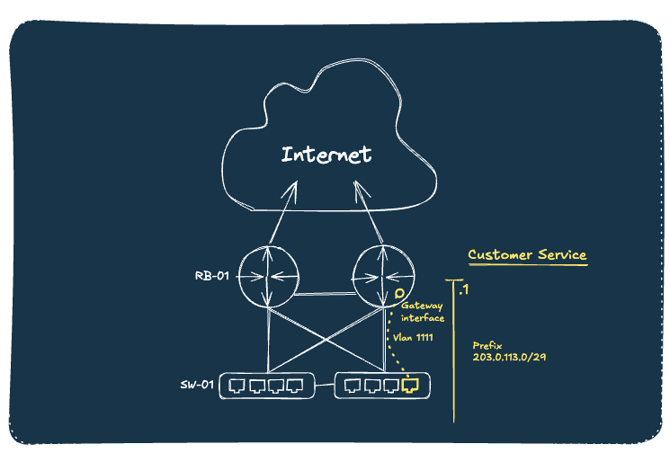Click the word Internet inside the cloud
coord(326,155)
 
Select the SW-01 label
coord(196,386)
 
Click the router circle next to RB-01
coord(268,277)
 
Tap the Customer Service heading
coord(527,255)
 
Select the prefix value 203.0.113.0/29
coord(511,358)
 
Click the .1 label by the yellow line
coord(463,289)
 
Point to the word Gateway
coord(422,306)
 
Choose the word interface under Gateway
coord(423,318)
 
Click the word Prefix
coord(487,345)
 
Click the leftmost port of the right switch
coord(353,386)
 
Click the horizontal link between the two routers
coord(325,293)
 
